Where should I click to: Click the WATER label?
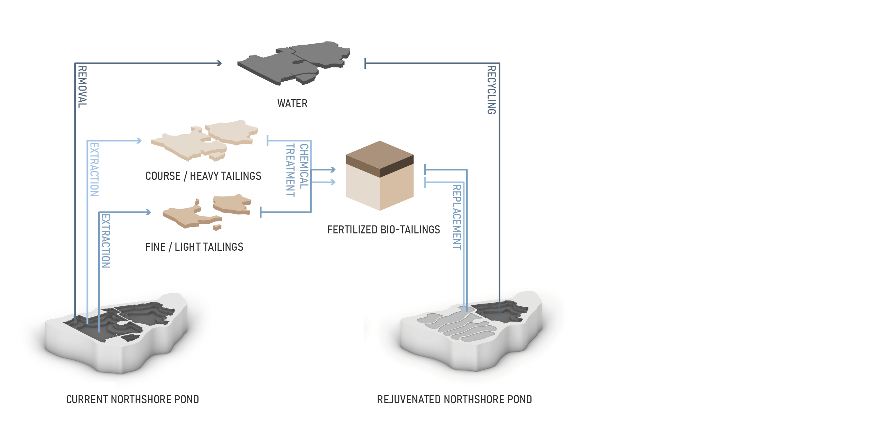292,103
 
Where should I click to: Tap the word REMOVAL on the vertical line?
82,87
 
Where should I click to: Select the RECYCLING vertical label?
491,90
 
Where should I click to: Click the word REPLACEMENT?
457,217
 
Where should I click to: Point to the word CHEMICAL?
304,166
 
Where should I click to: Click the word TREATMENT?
290,170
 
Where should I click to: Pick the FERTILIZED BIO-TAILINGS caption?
383,230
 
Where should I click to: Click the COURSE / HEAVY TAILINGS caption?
203,176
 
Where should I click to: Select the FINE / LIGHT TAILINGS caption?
194,247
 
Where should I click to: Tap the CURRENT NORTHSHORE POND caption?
132,399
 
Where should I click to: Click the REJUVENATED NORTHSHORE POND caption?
454,399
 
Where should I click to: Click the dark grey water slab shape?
294,62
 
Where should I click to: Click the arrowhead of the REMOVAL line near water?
219,63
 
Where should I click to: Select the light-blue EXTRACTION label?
94,169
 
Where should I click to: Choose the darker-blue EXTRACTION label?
105,241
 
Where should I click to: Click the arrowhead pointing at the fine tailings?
148,212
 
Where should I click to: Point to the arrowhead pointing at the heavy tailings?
139,141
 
